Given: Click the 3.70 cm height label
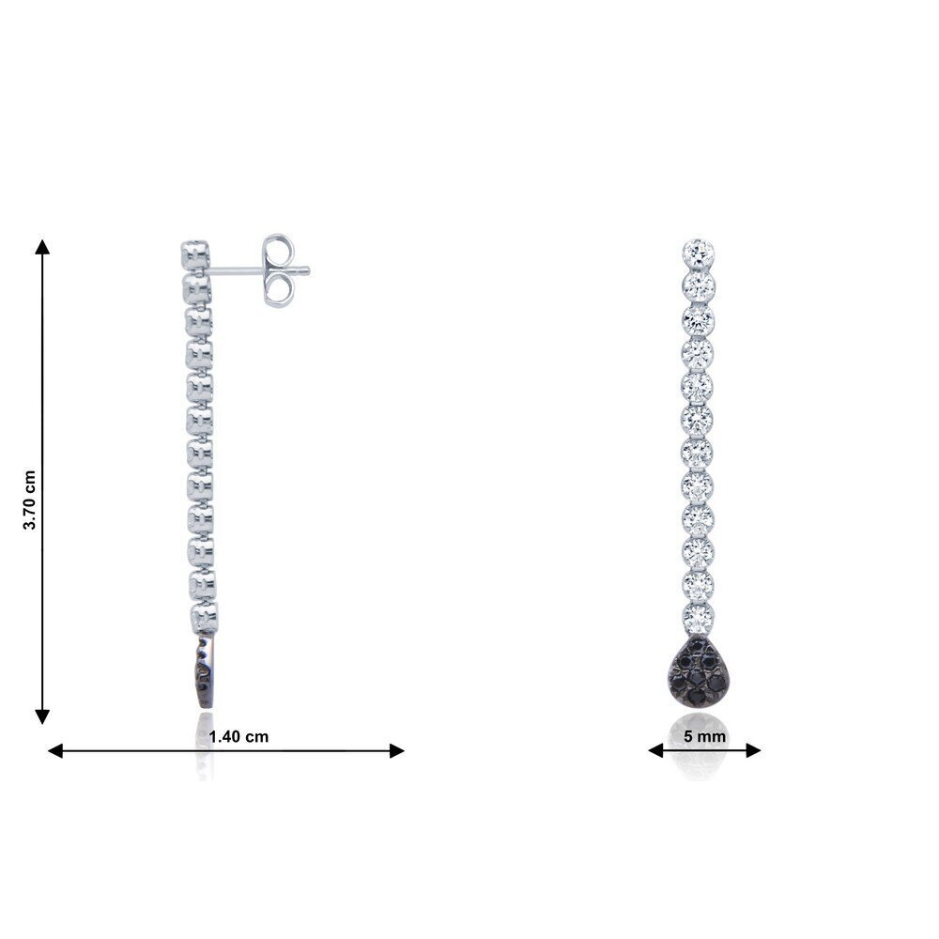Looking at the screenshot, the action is tap(29, 500).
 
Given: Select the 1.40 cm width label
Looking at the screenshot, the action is tap(239, 736).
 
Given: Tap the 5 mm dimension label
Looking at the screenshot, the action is tap(705, 736).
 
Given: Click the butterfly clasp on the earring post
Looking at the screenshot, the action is tap(280, 270).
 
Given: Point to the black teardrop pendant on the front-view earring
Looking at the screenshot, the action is tap(699, 673).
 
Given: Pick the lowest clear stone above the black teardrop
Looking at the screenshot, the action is tap(699, 618).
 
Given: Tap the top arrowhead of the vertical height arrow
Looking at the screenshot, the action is tap(42, 246).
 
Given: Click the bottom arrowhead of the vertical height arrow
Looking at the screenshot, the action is tap(42, 716).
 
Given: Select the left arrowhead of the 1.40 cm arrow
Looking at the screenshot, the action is tap(55, 751).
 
